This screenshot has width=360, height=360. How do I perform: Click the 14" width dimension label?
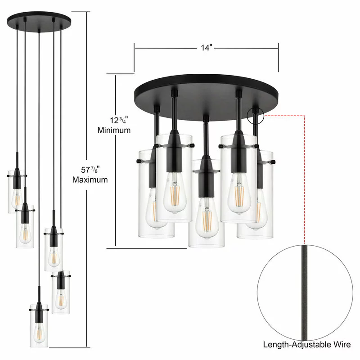[x=207, y=48]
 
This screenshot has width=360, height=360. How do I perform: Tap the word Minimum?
[x=114, y=130]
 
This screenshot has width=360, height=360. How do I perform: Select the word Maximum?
[x=90, y=180]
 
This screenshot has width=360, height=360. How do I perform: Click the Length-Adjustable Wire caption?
[x=307, y=344]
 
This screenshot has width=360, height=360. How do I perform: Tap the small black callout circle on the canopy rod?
[x=256, y=116]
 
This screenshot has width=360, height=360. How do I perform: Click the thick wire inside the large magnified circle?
[x=305, y=292]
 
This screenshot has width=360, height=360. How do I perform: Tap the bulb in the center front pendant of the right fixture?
[x=207, y=218]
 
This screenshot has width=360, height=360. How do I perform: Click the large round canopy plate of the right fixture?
[x=206, y=96]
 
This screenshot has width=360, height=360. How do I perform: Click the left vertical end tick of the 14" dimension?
[x=134, y=57]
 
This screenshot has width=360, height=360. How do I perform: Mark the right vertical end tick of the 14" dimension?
[x=278, y=57]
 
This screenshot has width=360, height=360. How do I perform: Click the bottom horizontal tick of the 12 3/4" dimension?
[x=147, y=248]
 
